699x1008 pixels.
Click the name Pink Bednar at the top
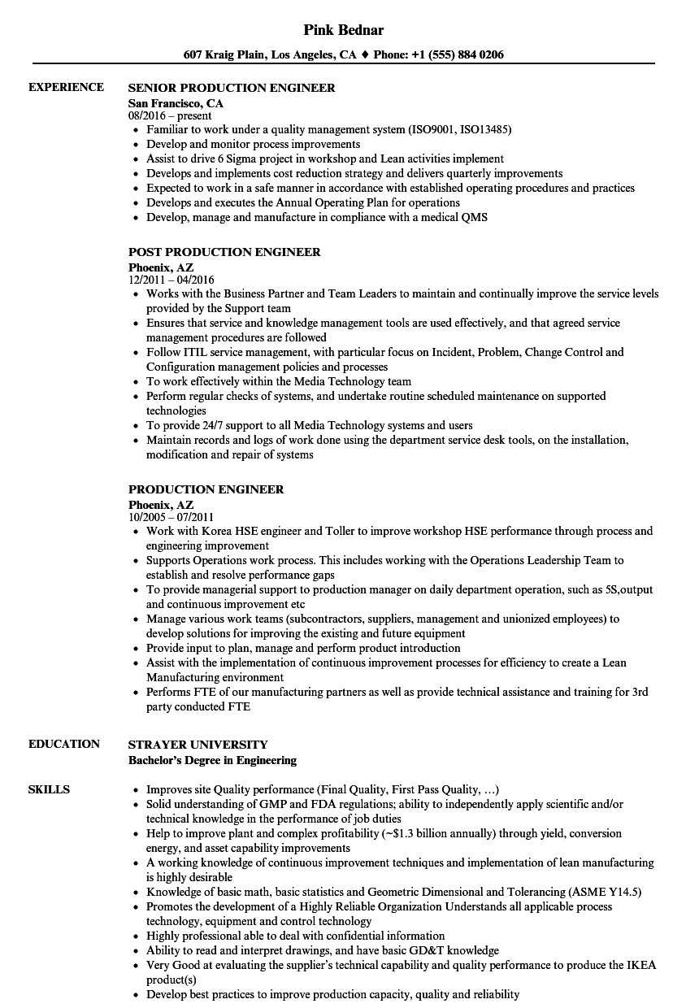[343, 30]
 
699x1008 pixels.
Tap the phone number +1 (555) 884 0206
[458, 55]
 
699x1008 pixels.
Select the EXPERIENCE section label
[66, 87]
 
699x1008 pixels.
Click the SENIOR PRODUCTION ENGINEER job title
[232, 88]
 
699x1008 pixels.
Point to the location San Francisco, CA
[176, 103]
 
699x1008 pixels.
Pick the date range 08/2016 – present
[170, 115]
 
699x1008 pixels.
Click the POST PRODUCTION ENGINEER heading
[224, 252]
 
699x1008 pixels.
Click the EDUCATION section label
[64, 744]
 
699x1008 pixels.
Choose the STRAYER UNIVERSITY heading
[198, 745]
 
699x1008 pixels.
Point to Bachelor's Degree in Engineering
[212, 760]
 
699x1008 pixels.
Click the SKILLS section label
[49, 789]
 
